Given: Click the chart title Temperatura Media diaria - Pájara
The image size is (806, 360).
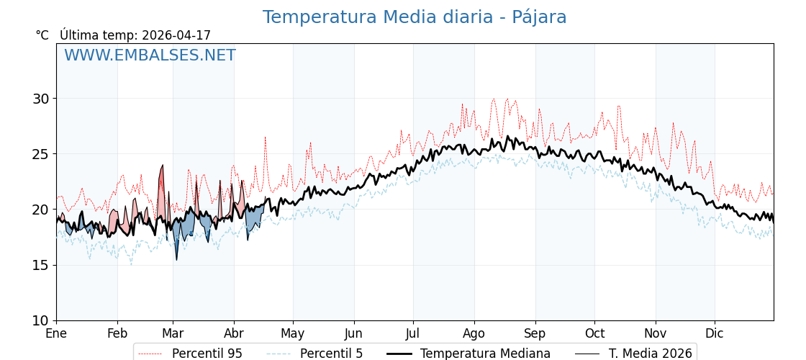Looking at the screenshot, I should pos(415,17).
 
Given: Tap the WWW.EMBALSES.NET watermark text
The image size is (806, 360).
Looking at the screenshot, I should pos(150,56).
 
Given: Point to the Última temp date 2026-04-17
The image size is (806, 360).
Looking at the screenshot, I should pos(176,35).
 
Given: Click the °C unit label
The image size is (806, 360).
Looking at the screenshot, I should pos(42,35).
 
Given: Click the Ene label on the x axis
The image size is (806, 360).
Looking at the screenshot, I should pos(56,333).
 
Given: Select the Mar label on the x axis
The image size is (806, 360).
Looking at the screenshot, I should pos(173,333).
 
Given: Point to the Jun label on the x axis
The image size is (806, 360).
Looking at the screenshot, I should pos(353,333).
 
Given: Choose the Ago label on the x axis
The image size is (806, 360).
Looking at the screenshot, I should pos(474,333).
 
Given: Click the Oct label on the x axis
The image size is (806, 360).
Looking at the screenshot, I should pos(594,333).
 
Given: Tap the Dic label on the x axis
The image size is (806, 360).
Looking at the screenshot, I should pos(715,333).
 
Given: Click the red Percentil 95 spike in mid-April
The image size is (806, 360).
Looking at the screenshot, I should pos(265,137).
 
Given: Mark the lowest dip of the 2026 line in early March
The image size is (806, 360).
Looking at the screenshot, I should pos(176,259).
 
